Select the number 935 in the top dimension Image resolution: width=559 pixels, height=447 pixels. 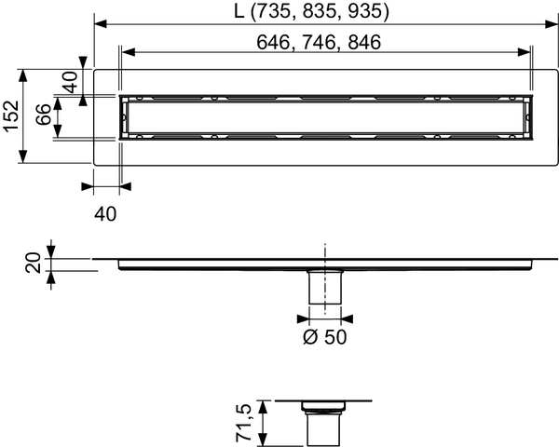[363, 11]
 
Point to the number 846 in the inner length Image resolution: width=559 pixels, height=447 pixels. [364, 43]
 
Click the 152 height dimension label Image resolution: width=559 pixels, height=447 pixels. [11, 116]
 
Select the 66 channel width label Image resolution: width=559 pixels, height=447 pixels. [44, 115]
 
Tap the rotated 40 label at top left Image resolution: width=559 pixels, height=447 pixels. [70, 82]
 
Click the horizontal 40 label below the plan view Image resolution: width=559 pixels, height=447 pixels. [105, 214]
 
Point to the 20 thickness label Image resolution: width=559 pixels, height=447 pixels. [33, 263]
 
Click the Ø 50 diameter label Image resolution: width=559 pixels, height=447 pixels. [325, 337]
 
